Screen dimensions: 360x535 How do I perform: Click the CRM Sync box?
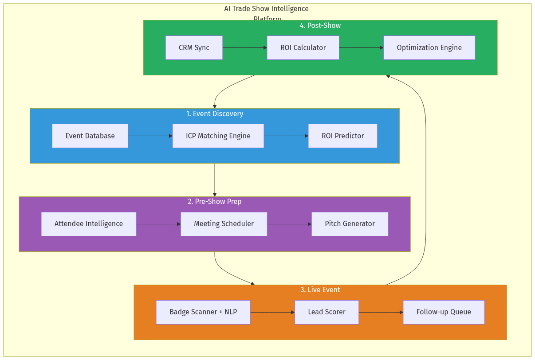tap(194, 47)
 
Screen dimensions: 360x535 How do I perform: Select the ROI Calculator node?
tap(303, 47)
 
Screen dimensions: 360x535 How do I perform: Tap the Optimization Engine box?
tap(429, 47)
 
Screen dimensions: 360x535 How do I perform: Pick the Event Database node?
tap(90, 136)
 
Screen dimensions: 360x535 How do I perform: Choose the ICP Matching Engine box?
tap(218, 136)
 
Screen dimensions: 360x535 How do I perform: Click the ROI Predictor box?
tap(342, 136)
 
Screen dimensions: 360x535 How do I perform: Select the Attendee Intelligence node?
tap(89, 224)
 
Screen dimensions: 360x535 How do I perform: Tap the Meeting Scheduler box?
tap(224, 224)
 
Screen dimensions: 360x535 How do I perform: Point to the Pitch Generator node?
tap(350, 224)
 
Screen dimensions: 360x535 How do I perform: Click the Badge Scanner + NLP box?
tap(203, 312)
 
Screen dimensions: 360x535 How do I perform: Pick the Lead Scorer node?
tap(327, 312)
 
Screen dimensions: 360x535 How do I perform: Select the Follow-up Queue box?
tap(444, 312)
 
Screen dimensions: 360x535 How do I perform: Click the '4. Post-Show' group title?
tap(320, 26)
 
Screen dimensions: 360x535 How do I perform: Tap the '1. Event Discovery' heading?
tap(215, 114)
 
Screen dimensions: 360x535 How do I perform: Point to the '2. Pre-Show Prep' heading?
tap(215, 202)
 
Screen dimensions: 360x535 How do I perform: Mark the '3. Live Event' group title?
tap(320, 290)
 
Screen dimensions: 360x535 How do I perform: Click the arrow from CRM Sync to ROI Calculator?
tap(244, 47)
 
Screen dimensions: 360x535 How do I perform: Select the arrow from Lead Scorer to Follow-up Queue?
tap(381, 312)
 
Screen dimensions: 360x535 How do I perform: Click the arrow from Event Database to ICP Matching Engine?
tap(150, 136)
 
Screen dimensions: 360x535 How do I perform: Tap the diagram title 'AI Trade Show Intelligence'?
tap(266, 9)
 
